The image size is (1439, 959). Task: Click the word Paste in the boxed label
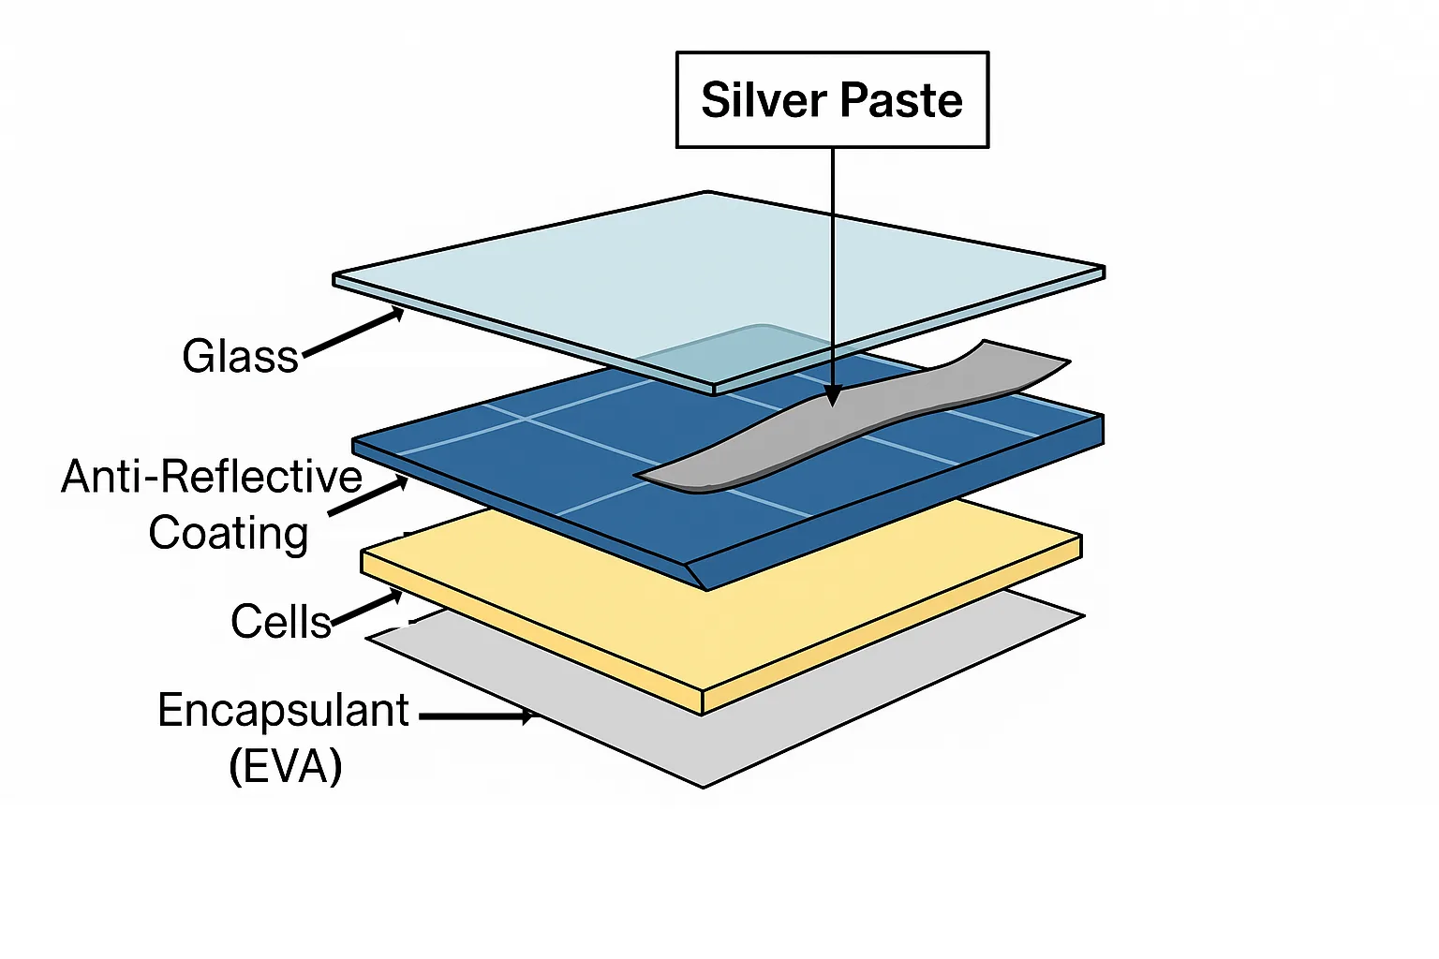tap(901, 100)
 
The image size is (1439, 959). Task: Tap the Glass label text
tap(240, 357)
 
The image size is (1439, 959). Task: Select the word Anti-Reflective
tap(212, 477)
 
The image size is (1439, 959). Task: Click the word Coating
tap(229, 533)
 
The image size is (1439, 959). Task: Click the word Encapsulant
tap(283, 711)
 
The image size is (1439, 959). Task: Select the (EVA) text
tap(286, 766)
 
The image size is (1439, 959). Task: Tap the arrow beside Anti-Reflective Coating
tap(368, 497)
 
